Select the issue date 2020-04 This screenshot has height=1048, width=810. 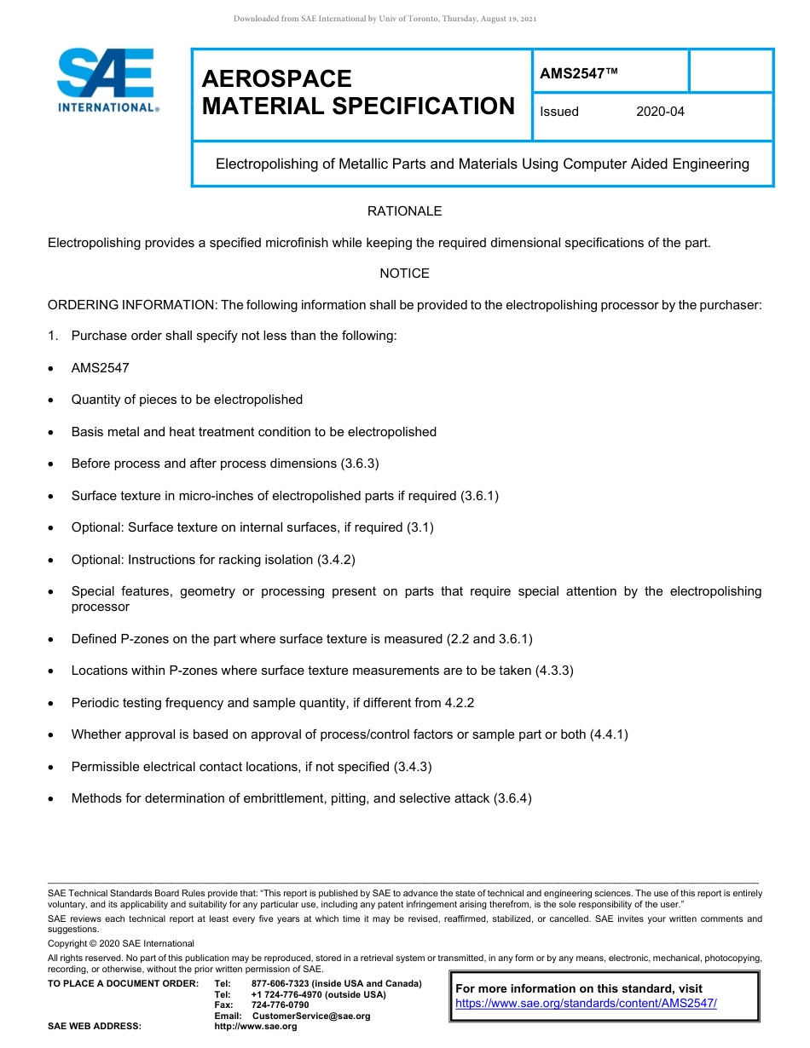[x=660, y=112]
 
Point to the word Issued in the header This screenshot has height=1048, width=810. [x=559, y=112]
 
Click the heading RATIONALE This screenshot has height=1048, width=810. [x=404, y=211]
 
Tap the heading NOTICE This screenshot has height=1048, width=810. [x=404, y=274]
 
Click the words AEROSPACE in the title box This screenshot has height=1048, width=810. [x=276, y=79]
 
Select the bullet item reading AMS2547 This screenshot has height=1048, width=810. [x=100, y=368]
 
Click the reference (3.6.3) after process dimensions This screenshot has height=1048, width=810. [x=360, y=464]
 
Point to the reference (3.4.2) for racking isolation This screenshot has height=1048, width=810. [x=336, y=560]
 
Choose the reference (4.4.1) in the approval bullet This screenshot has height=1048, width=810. [x=609, y=734]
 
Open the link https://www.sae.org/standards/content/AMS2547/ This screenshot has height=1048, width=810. [x=586, y=1004]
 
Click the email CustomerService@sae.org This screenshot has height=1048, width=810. [x=311, y=1016]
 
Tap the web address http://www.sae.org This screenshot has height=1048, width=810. [x=255, y=1027]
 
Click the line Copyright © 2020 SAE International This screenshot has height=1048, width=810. [x=121, y=943]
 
